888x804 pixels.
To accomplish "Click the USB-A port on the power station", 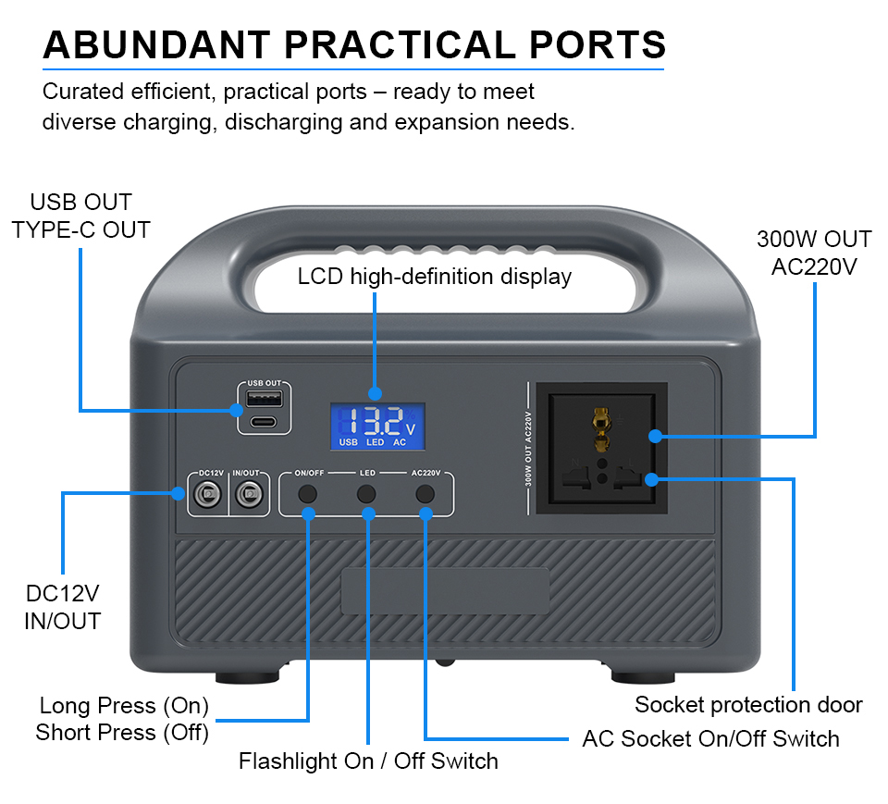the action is click(264, 399).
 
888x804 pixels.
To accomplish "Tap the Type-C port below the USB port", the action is click(264, 422).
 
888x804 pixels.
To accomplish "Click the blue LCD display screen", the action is click(377, 427).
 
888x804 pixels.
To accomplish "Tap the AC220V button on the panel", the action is click(425, 494).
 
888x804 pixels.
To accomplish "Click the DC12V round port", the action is click(208, 495).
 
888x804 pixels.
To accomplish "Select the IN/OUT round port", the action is click(249, 495).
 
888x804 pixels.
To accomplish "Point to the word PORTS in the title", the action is click(597, 44).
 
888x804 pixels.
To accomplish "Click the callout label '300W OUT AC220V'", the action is click(814, 253).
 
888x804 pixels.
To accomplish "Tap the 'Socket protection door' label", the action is click(748, 704).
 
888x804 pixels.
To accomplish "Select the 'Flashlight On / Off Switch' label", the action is click(368, 761).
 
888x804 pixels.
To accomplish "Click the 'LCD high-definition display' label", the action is click(435, 277).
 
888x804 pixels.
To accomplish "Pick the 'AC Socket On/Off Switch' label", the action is click(710, 739).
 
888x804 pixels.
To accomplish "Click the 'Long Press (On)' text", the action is click(124, 705).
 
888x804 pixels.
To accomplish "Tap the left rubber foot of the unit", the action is click(248, 677).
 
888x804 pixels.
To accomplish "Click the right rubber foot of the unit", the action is click(643, 677).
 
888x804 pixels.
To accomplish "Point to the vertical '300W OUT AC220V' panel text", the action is click(528, 449).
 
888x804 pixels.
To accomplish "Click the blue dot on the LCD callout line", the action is click(375, 393).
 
